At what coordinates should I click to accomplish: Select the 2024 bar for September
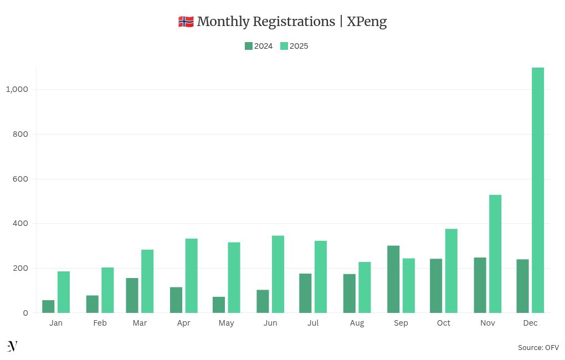[393, 279]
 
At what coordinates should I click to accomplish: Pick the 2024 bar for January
[48, 306]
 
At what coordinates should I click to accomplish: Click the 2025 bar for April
[191, 276]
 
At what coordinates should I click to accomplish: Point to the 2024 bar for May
[219, 305]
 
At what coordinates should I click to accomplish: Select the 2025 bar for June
[278, 274]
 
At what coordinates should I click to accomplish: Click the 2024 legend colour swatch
[249, 46]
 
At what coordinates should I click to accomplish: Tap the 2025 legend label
[299, 46]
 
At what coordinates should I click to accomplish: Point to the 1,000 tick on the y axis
[17, 89]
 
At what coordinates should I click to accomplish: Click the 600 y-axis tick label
[21, 179]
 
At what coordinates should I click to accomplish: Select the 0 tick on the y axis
[25, 313]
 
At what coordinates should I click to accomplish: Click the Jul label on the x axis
[313, 323]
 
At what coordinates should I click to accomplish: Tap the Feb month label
[100, 323]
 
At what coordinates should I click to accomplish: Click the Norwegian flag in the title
[186, 22]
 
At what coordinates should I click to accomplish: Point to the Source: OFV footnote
[538, 347]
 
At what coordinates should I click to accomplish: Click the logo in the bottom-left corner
[12, 346]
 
